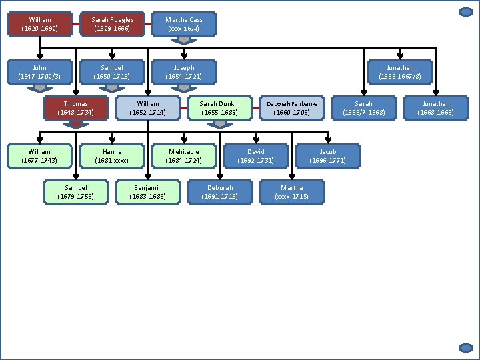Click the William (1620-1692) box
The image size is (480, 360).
coord(40,24)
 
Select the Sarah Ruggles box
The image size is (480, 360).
coord(112,24)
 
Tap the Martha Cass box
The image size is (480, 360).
coord(184,24)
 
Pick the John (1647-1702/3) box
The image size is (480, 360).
coord(40,72)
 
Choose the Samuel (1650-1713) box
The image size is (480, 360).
coord(112,72)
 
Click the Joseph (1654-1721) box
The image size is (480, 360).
coord(184,72)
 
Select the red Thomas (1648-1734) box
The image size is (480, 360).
coord(76,108)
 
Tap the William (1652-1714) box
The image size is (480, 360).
coord(148,108)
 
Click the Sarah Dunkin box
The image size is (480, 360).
coord(220,108)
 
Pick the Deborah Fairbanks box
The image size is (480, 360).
coord(292,108)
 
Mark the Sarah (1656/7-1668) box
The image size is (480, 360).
coord(364,108)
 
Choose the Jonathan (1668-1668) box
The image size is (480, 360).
coord(436,108)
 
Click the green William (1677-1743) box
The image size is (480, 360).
coord(40,156)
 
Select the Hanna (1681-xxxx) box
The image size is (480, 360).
coord(112,156)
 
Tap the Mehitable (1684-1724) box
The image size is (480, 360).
coord(184,156)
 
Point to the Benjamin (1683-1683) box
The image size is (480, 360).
coord(148,192)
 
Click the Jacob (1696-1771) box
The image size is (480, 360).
coord(328,156)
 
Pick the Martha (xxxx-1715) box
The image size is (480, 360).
coord(292,192)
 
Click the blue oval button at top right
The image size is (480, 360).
coord(466,12)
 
